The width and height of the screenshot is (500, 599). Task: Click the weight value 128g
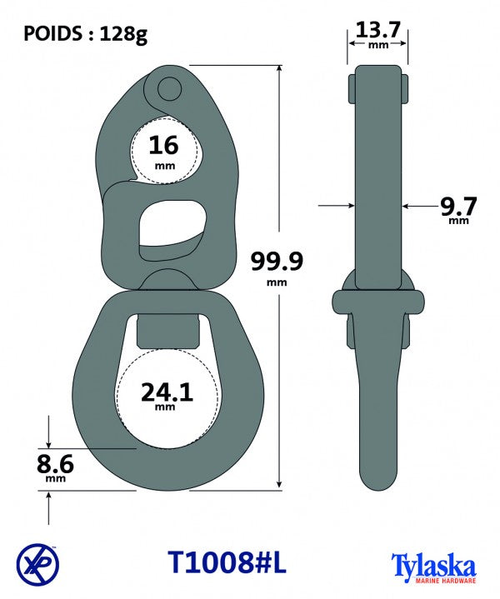point(126,34)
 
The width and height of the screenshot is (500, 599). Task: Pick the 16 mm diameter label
point(164,146)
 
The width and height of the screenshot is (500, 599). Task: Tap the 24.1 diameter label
point(164,391)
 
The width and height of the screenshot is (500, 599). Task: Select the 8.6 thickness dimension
point(55,463)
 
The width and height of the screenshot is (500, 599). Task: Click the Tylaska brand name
point(432,562)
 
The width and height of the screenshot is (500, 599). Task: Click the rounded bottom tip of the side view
point(377,482)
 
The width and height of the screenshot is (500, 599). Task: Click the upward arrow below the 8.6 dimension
point(51,501)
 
